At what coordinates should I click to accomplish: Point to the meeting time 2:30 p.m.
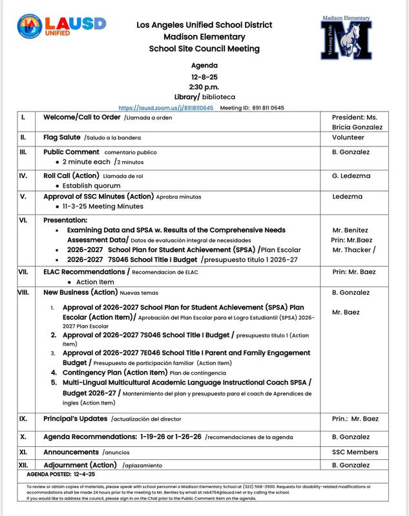click(x=204, y=86)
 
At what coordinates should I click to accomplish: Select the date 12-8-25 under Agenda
click(x=204, y=76)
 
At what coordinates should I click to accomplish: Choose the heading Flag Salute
click(x=63, y=138)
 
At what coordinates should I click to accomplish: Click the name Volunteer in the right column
click(x=348, y=138)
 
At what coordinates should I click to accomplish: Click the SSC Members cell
click(x=355, y=452)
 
